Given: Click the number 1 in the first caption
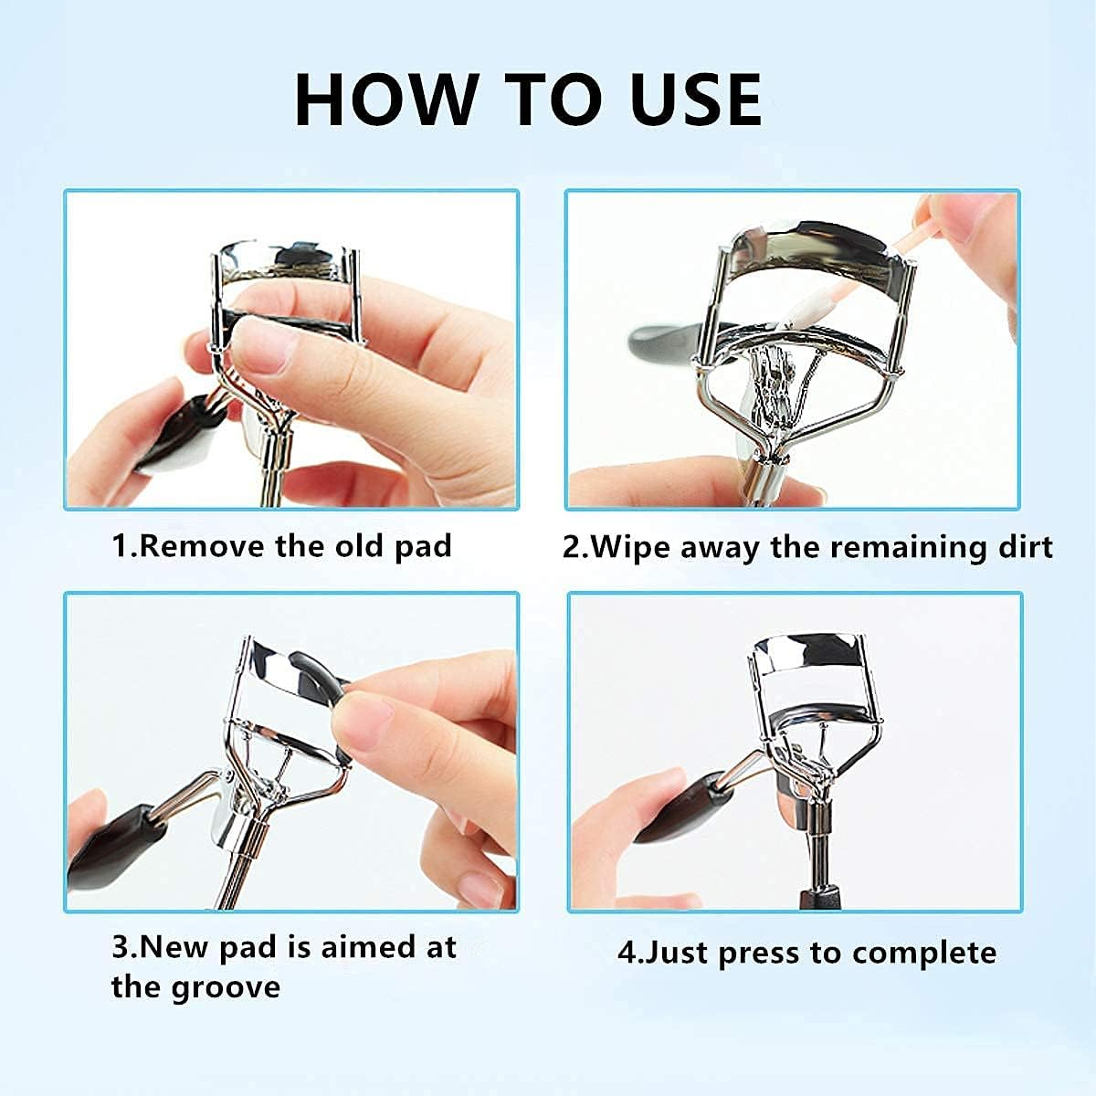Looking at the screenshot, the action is coord(121,546).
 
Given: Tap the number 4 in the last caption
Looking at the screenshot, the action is coord(627,952).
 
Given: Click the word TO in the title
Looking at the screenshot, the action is coord(554,100).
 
